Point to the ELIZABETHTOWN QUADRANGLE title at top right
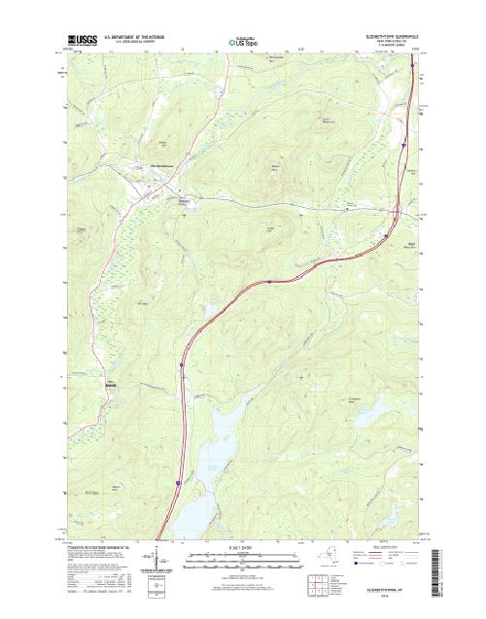pyautogui.click(x=394, y=34)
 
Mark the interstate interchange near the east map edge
pyautogui.click(x=393, y=230)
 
